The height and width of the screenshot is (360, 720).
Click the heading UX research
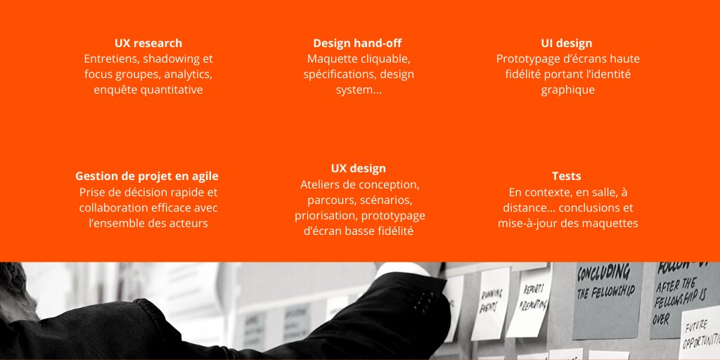[x=148, y=44]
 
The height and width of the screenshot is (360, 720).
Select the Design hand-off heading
[x=358, y=44]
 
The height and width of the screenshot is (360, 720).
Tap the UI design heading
[x=567, y=44]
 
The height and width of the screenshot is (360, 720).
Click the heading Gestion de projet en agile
[x=147, y=176]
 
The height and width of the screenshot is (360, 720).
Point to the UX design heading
[x=359, y=169]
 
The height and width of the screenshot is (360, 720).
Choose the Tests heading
[x=567, y=176]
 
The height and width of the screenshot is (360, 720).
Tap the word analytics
[x=188, y=75]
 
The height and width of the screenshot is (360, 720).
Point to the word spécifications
[x=338, y=75]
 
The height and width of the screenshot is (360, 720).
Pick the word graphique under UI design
[x=568, y=90]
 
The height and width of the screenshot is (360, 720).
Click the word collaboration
[x=113, y=208]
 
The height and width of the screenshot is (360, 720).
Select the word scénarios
[x=384, y=200]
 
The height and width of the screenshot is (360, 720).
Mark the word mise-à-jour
[x=536, y=224]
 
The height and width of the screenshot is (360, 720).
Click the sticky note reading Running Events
[x=491, y=303]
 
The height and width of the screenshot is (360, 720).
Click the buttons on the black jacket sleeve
[x=424, y=301]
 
